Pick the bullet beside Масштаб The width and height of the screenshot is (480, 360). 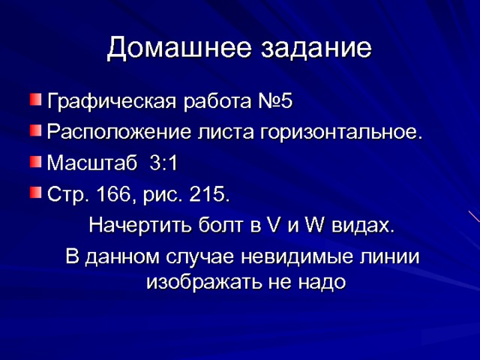tap(36, 162)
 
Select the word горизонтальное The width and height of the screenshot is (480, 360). tap(340, 133)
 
